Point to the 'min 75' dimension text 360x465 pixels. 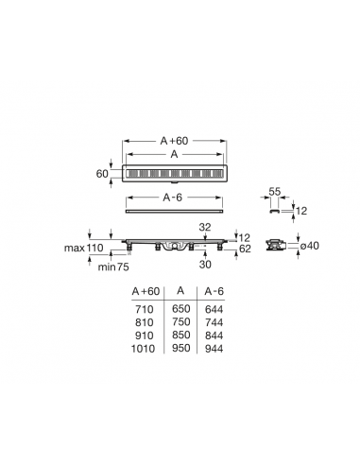point(105,267)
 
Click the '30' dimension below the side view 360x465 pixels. point(205,266)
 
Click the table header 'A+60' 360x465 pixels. point(145,291)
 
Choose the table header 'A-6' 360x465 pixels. point(214,291)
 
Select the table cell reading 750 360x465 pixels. point(180,320)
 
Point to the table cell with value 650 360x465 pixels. point(180,309)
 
